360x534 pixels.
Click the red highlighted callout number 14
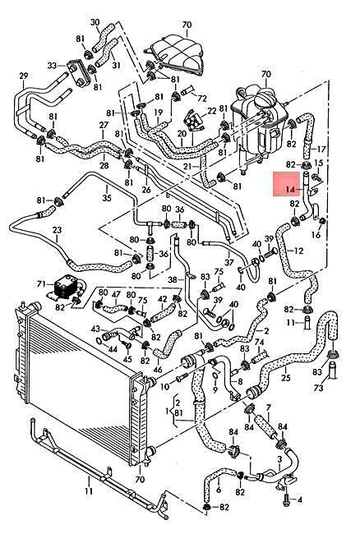290,189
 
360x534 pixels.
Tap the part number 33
52,65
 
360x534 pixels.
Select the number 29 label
24,76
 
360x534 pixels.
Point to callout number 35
107,197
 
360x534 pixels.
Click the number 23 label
57,230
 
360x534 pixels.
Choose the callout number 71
41,283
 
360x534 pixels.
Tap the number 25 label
286,378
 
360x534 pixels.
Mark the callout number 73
318,388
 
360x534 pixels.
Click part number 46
158,370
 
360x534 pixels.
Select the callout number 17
321,149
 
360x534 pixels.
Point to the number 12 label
298,251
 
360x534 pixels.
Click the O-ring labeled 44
99,341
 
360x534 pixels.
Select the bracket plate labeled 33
79,73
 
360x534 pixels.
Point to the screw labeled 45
128,345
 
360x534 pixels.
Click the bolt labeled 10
182,377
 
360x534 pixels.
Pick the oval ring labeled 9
215,375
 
